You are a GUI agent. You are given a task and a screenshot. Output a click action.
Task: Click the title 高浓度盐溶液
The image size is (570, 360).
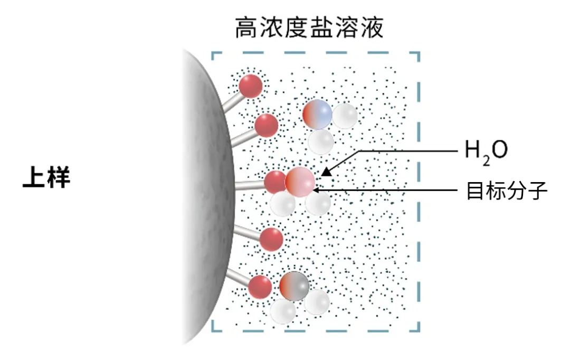(x=309, y=27)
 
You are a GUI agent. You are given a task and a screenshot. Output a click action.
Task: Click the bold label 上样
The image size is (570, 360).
(x=46, y=177)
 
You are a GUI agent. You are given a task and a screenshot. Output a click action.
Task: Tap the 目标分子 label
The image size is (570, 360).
(x=507, y=191)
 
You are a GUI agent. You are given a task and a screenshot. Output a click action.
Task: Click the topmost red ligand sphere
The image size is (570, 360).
(x=251, y=86)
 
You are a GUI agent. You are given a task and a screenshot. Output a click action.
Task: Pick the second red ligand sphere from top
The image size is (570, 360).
(x=266, y=126)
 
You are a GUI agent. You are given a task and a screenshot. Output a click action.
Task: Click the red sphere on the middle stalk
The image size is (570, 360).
(x=275, y=182)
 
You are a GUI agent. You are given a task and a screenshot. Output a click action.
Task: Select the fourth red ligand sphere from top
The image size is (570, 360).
(x=271, y=239)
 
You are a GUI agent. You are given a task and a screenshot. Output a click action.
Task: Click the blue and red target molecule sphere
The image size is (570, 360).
(x=317, y=115)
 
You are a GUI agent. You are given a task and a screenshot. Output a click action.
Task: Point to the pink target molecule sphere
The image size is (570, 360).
(x=300, y=182)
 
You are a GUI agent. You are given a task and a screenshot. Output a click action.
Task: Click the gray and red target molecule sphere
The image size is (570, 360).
(x=294, y=286)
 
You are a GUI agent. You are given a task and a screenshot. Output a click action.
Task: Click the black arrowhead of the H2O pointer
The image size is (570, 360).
(x=327, y=171)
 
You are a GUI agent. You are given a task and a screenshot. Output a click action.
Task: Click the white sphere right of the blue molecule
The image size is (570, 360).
(x=345, y=116)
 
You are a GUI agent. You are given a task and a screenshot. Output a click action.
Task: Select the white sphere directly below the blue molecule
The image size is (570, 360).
(x=321, y=142)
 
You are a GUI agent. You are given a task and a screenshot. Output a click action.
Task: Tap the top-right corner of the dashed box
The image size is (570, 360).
(x=419, y=53)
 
